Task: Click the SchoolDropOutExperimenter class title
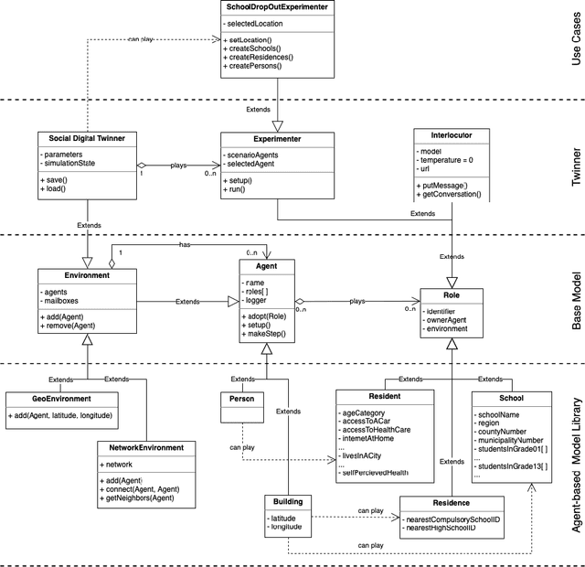pyautogui.click(x=277, y=7)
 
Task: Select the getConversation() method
pyautogui.click(x=450, y=195)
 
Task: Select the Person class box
pyautogui.click(x=242, y=399)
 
